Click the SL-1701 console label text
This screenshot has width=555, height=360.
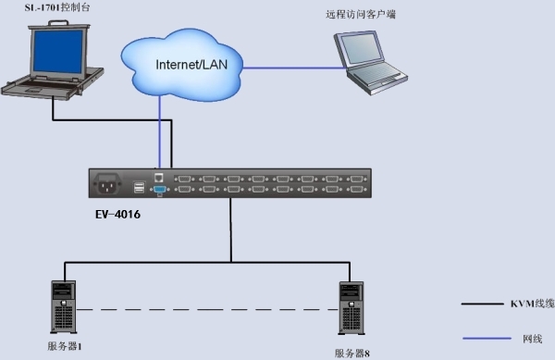pyautogui.click(x=57, y=7)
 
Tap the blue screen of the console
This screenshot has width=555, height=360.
pyautogui.click(x=58, y=51)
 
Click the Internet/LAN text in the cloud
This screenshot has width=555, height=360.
pyautogui.click(x=191, y=65)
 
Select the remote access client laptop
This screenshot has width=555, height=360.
pyautogui.click(x=371, y=63)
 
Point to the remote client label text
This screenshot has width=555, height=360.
pyautogui.click(x=361, y=15)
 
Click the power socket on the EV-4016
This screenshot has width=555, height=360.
pyautogui.click(x=107, y=183)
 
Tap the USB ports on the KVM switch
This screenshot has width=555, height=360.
pyautogui.click(x=139, y=187)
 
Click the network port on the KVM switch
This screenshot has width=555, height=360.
pyautogui.click(x=159, y=178)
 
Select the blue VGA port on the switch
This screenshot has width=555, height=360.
pyautogui.click(x=160, y=190)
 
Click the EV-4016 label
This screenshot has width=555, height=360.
pyautogui.click(x=117, y=215)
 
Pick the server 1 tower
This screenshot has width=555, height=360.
pyautogui.click(x=64, y=307)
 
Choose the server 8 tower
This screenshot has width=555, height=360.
pyautogui.click(x=351, y=308)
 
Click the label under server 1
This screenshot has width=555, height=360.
pyautogui.click(x=65, y=346)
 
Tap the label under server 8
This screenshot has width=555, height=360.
pyautogui.click(x=352, y=354)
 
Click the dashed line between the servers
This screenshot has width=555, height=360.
pyautogui.click(x=207, y=310)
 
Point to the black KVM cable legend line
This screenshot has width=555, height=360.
pyautogui.click(x=482, y=304)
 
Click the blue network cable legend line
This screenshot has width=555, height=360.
pyautogui.click(x=487, y=339)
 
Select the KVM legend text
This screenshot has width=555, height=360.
pyautogui.click(x=533, y=304)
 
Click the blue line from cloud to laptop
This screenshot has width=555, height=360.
pyautogui.click(x=295, y=68)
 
